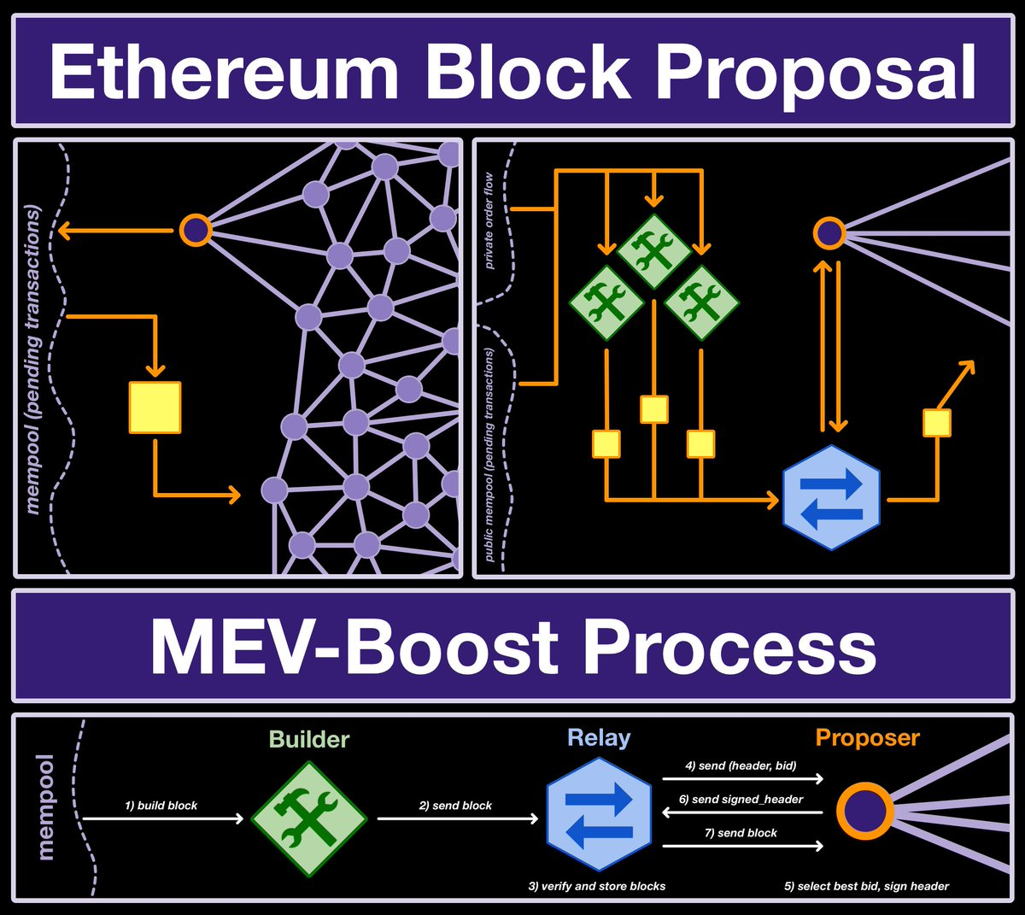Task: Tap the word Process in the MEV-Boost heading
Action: [x=729, y=647]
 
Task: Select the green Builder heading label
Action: [x=309, y=740]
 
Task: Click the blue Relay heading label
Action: [x=599, y=738]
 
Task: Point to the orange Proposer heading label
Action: [x=867, y=738]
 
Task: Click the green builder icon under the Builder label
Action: [x=309, y=818]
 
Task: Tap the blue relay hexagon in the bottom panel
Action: [x=598, y=818]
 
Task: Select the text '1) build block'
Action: [x=161, y=806]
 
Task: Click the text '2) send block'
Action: [x=455, y=806]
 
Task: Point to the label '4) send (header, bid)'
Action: [x=741, y=766]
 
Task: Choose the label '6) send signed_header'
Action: [x=741, y=800]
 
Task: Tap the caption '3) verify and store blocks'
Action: [x=596, y=887]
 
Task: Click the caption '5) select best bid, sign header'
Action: [x=866, y=887]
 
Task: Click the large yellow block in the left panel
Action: [x=155, y=408]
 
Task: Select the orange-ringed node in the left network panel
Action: [x=196, y=230]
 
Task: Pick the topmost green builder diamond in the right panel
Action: [x=653, y=249]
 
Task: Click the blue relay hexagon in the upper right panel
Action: [x=831, y=497]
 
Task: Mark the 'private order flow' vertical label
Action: [x=489, y=220]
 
